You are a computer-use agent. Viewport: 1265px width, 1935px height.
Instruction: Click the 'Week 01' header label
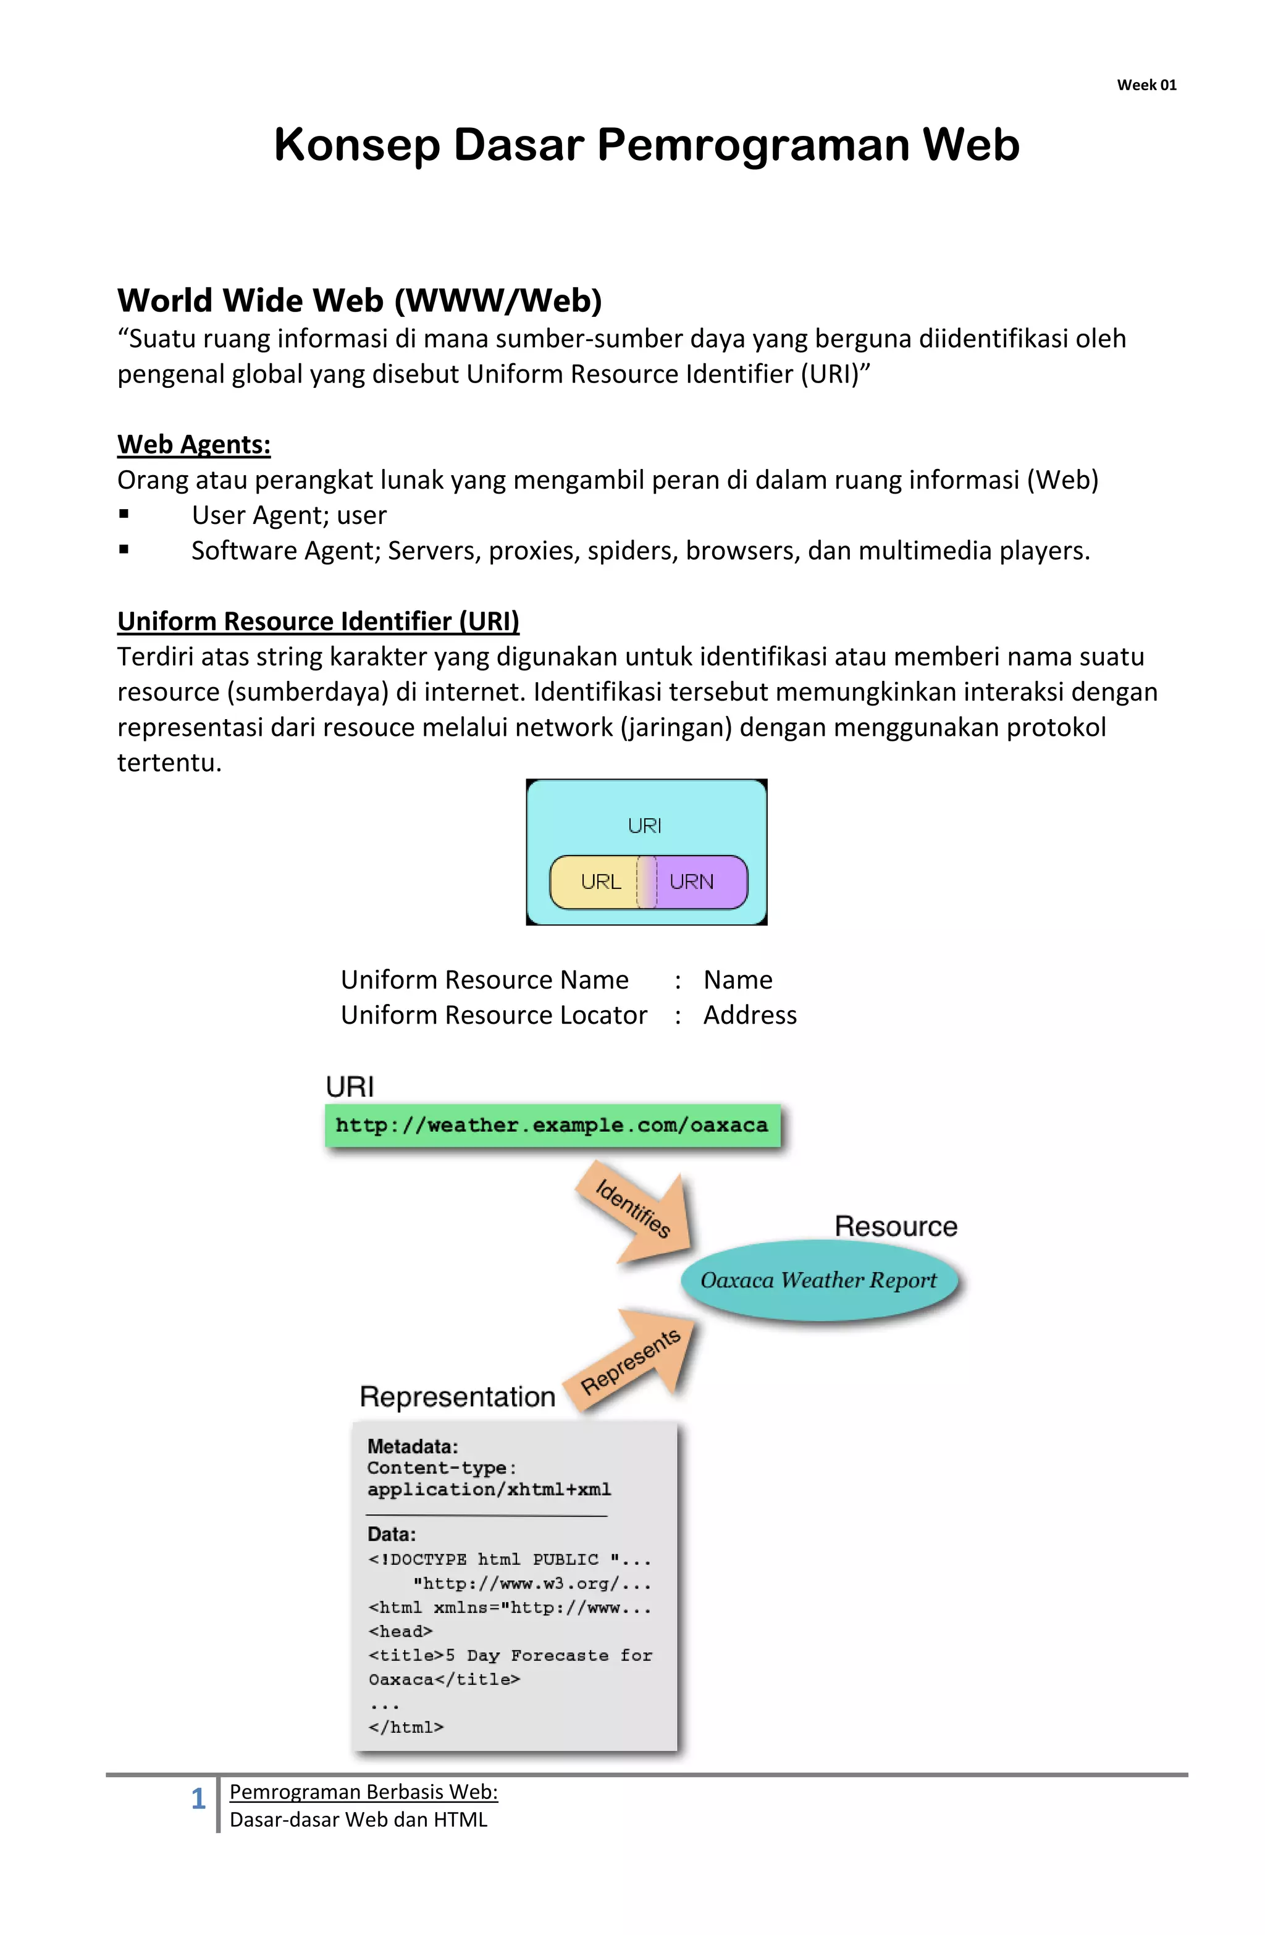point(1146,85)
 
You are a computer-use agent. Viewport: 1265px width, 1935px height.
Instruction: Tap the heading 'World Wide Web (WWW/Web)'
point(359,301)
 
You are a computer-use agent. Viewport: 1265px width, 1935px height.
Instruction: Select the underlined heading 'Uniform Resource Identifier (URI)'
point(318,621)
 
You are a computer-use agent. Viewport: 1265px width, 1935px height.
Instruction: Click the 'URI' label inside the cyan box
point(645,826)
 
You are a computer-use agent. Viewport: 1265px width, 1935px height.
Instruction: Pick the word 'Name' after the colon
point(738,980)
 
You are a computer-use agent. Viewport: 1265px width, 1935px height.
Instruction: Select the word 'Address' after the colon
point(750,1016)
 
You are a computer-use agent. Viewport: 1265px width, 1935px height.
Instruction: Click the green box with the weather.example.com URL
point(552,1125)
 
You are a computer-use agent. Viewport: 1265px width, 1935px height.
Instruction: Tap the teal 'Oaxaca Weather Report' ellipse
point(818,1281)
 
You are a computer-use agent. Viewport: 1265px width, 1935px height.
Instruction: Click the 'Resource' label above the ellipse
point(895,1226)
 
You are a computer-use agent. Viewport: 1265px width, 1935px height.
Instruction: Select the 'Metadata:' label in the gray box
point(412,1446)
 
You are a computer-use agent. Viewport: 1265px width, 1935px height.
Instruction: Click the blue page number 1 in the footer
point(198,1798)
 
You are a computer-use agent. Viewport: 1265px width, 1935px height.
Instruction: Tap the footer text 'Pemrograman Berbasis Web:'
point(363,1792)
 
